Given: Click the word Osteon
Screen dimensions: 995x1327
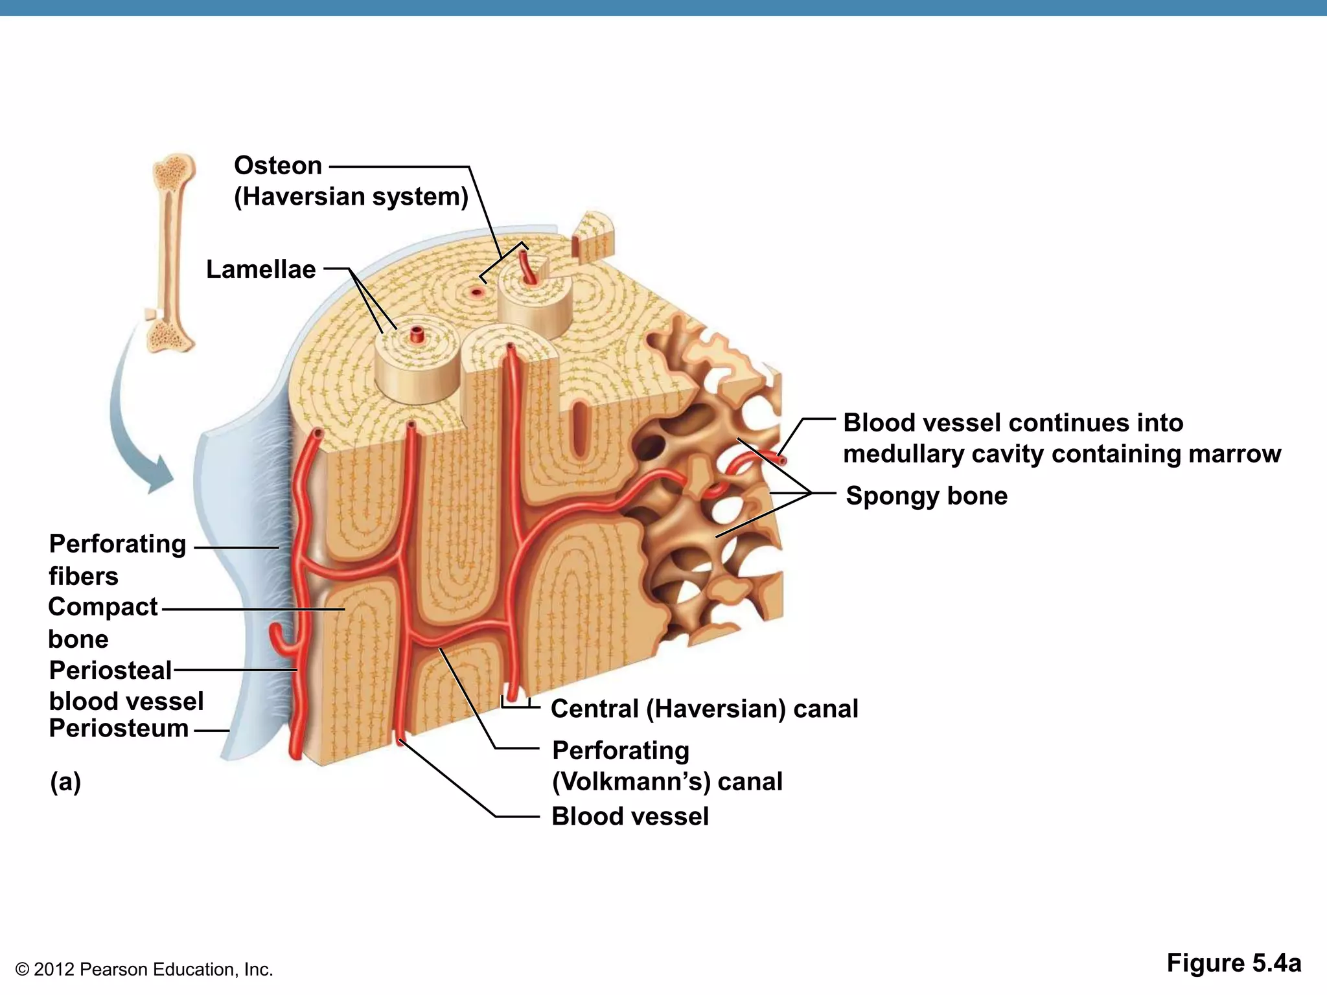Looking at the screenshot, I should (278, 166).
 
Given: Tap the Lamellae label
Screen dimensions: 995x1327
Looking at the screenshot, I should (260, 269).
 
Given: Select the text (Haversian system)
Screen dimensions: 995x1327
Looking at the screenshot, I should (351, 196).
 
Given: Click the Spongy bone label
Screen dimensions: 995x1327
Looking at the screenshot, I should (927, 496).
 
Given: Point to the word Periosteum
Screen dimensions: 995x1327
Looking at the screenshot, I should (119, 728).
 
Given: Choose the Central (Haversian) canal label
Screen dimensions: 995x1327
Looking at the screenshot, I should (704, 708).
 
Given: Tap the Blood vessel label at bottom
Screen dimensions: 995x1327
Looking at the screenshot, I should (630, 816).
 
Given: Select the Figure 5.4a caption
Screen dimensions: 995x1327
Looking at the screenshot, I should (1233, 963).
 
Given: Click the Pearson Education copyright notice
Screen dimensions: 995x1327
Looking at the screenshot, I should (144, 969).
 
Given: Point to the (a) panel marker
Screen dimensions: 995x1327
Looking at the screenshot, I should (65, 781).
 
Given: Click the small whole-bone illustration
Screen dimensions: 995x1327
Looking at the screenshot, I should (172, 253).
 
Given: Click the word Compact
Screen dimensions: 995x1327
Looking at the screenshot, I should (103, 607).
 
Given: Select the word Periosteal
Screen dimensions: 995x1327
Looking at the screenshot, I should (110, 670).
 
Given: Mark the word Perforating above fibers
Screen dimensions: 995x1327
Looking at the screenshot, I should (117, 543).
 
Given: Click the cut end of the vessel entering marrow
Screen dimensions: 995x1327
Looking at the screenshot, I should (783, 461).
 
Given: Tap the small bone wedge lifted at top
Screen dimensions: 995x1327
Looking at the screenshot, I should (592, 238).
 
